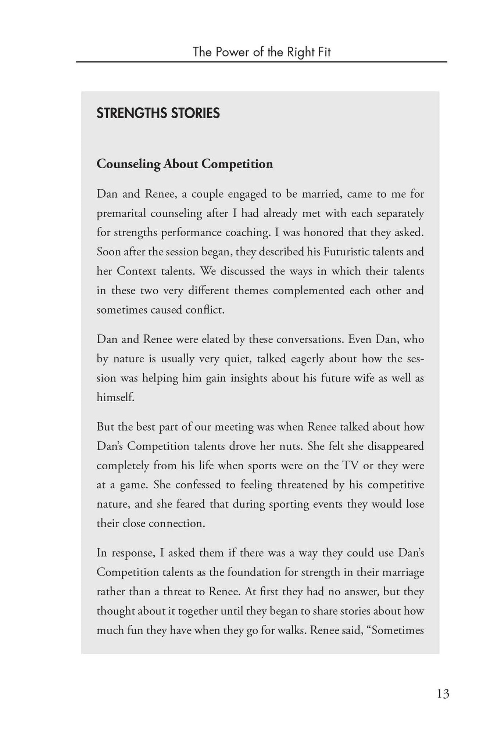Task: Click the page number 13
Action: click(443, 694)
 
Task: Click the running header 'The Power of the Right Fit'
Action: click(261, 52)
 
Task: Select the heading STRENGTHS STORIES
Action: click(158, 113)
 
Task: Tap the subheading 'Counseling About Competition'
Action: click(185, 164)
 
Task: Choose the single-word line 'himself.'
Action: click(115, 397)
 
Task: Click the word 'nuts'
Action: click(292, 446)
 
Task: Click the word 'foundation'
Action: click(254, 572)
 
